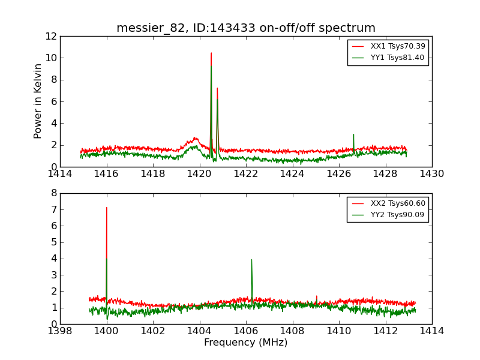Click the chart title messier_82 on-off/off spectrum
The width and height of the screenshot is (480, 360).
[x=246, y=28]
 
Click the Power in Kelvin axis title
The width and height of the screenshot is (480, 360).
[x=38, y=101]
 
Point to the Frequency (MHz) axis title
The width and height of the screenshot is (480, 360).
[x=246, y=343]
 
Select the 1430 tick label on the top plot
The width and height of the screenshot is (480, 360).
[x=431, y=174]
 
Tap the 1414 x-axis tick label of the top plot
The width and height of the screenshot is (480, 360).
[x=60, y=174]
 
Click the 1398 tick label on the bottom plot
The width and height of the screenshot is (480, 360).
[x=60, y=331]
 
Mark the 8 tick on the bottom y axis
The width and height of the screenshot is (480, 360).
[x=53, y=193]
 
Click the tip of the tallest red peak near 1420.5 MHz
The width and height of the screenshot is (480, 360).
[x=211, y=53]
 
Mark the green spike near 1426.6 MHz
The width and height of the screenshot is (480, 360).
[x=353, y=134]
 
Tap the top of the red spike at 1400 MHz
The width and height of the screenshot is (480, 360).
[x=107, y=208]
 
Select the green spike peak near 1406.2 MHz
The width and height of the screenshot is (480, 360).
[x=251, y=260]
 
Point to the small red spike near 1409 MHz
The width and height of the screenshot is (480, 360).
[x=317, y=296]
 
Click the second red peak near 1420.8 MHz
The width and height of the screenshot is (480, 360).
[x=217, y=88]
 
